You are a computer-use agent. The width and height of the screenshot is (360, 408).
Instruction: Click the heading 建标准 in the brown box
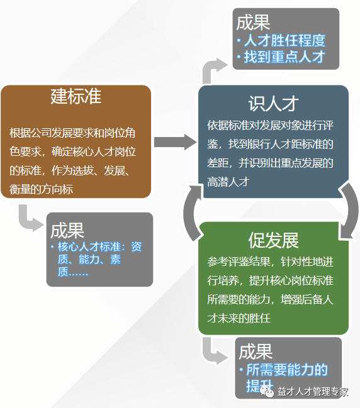pyautogui.click(x=76, y=97)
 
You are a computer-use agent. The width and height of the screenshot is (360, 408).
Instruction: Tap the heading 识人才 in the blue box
pyautogui.click(x=273, y=103)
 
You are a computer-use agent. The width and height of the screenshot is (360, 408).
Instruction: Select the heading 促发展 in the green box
pyautogui.click(x=273, y=240)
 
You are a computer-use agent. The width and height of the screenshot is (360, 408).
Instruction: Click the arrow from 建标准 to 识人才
pyautogui.click(x=175, y=142)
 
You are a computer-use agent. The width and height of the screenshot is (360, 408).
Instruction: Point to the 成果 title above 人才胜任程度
pyautogui.click(x=254, y=23)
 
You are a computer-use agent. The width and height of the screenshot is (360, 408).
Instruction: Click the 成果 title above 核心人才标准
pyautogui.click(x=67, y=229)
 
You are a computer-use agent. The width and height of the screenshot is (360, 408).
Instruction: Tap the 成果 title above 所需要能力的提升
pyautogui.click(x=256, y=351)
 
